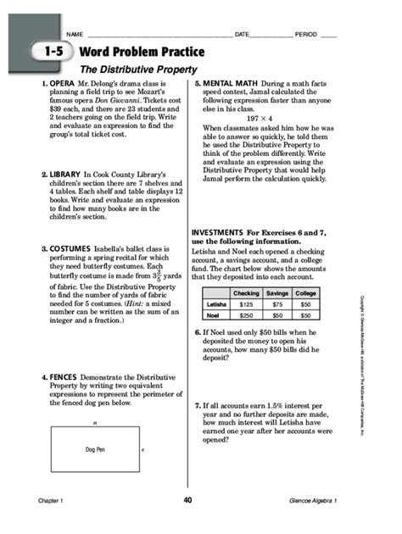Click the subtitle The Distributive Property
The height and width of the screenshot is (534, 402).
click(x=138, y=69)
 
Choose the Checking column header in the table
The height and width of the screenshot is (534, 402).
click(x=245, y=293)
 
